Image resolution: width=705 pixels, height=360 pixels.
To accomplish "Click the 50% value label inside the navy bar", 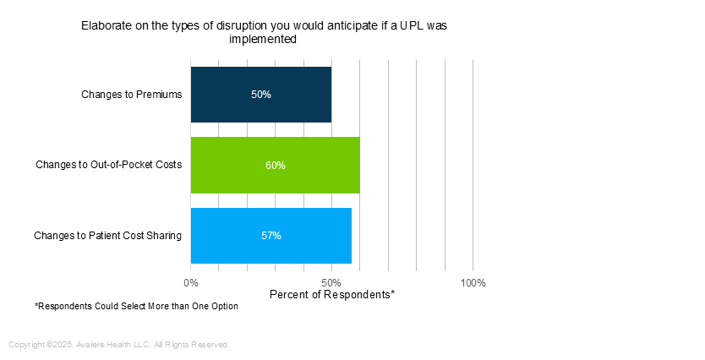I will (261, 95).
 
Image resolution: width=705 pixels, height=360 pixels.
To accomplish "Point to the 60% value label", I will (276, 166).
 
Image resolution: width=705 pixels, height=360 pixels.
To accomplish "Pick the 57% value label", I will (271, 236).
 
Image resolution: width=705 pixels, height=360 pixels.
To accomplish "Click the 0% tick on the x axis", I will (191, 282).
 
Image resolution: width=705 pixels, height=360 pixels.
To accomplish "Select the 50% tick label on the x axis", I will (331, 282).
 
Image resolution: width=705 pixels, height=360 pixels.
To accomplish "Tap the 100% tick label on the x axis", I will (473, 282).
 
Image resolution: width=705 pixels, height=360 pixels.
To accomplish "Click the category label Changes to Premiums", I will (131, 94).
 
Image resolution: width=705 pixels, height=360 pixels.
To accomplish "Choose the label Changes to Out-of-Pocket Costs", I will (108, 165).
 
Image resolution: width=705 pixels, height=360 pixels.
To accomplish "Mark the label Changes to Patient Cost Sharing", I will (107, 236).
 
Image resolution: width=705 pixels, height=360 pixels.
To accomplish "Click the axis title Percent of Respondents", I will (331, 295).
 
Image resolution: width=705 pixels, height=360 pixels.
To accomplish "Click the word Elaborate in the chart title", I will (107, 25).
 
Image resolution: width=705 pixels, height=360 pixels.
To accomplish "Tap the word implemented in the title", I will (264, 39).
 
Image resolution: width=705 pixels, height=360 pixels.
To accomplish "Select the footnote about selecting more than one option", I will (136, 306).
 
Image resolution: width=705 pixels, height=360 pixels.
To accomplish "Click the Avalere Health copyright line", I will (118, 345).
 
